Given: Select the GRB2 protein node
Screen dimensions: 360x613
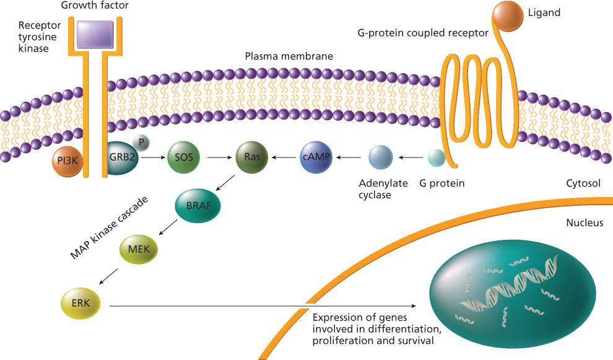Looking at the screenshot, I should click(124, 158).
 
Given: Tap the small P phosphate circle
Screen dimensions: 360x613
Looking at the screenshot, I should click(142, 143).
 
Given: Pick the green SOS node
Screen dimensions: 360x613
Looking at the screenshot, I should click(183, 157).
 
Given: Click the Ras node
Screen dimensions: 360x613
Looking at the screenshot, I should click(251, 157).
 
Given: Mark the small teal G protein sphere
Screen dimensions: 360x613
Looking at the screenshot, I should click(437, 159).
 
